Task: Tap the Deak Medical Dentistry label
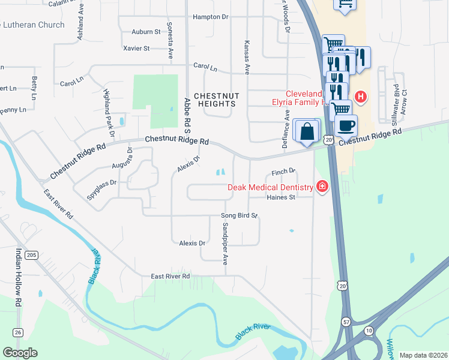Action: coord(271,187)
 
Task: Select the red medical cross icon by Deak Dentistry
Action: coord(322,187)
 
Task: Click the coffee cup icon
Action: coord(346,125)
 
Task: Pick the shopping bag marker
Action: coord(307,131)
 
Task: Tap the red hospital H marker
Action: coord(361,96)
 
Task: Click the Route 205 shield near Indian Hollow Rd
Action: coord(32,255)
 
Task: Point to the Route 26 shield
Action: coord(17,332)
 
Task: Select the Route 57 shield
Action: coord(346,322)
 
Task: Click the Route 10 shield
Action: coord(368,331)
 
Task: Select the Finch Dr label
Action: coord(284,170)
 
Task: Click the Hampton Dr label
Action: coord(211,17)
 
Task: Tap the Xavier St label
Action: coord(136,48)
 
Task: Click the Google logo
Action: coord(20,353)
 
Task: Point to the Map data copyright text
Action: coord(423,355)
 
